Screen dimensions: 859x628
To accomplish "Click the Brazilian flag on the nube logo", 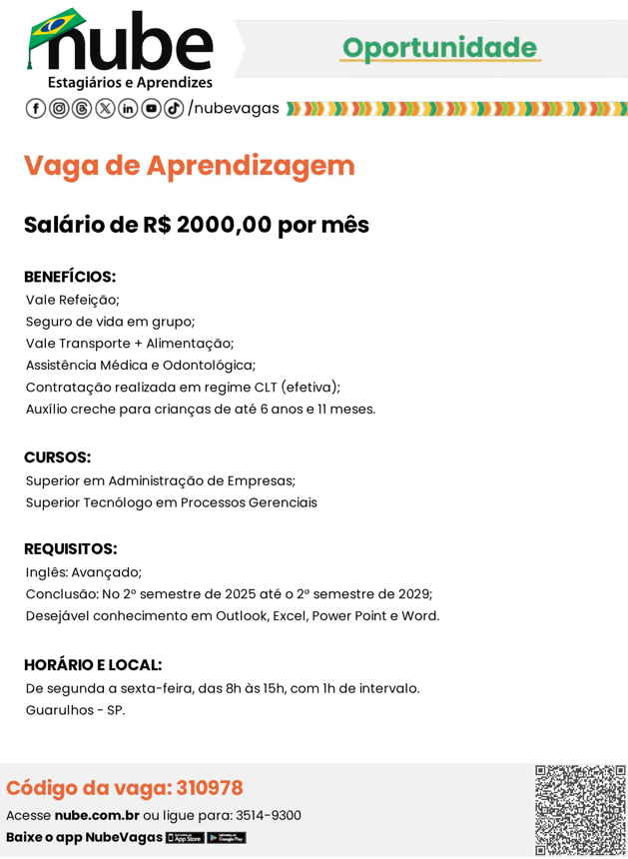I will pos(57,27).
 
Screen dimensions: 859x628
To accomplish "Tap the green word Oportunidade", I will pos(439,47).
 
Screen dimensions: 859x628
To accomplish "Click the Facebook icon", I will pos(35,108).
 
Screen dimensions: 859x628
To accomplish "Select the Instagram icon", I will pos(58,108).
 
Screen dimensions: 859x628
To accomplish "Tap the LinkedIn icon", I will pos(128,108).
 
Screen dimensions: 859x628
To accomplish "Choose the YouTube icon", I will pos(151,108).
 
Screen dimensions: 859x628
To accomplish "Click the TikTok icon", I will pos(174,108).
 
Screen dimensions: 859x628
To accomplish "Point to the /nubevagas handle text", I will pos(234,108).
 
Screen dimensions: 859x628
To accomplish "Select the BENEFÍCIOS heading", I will pos(70,277).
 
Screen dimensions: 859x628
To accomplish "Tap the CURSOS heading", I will pos(57,457).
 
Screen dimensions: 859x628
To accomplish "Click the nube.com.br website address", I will pos(97,815).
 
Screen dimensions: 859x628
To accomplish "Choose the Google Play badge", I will pos(226,838).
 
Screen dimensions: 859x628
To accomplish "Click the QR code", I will pos(580,810).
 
